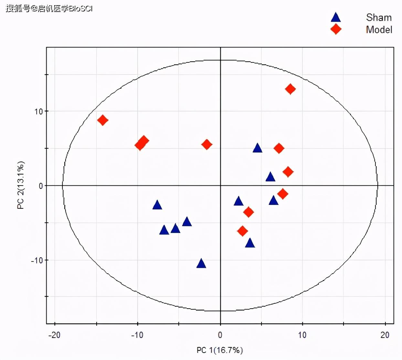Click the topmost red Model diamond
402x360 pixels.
pos(290,89)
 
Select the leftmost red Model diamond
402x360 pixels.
pos(102,120)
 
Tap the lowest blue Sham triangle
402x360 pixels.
pos(201,264)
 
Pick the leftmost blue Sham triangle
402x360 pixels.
pos(157,205)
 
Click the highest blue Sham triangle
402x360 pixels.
pos(257,148)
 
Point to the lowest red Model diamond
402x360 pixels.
pos(242,231)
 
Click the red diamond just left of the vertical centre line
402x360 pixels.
pos(206,144)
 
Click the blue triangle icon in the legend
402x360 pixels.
pos(336,17)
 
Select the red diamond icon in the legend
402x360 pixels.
pos(336,29)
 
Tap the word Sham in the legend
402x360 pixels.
pos(379,17)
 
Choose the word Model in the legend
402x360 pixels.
pos(379,30)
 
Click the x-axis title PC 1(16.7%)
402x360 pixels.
pos(220,350)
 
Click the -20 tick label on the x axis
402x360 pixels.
pos(54,335)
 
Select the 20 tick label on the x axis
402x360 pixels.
pos(385,335)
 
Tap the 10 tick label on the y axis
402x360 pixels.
pos(39,111)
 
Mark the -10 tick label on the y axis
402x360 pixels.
pos(37,260)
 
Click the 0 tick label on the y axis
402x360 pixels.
pos(41,186)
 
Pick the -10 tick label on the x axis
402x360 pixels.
pos(137,335)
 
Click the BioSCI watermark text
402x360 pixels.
pos(81,8)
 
